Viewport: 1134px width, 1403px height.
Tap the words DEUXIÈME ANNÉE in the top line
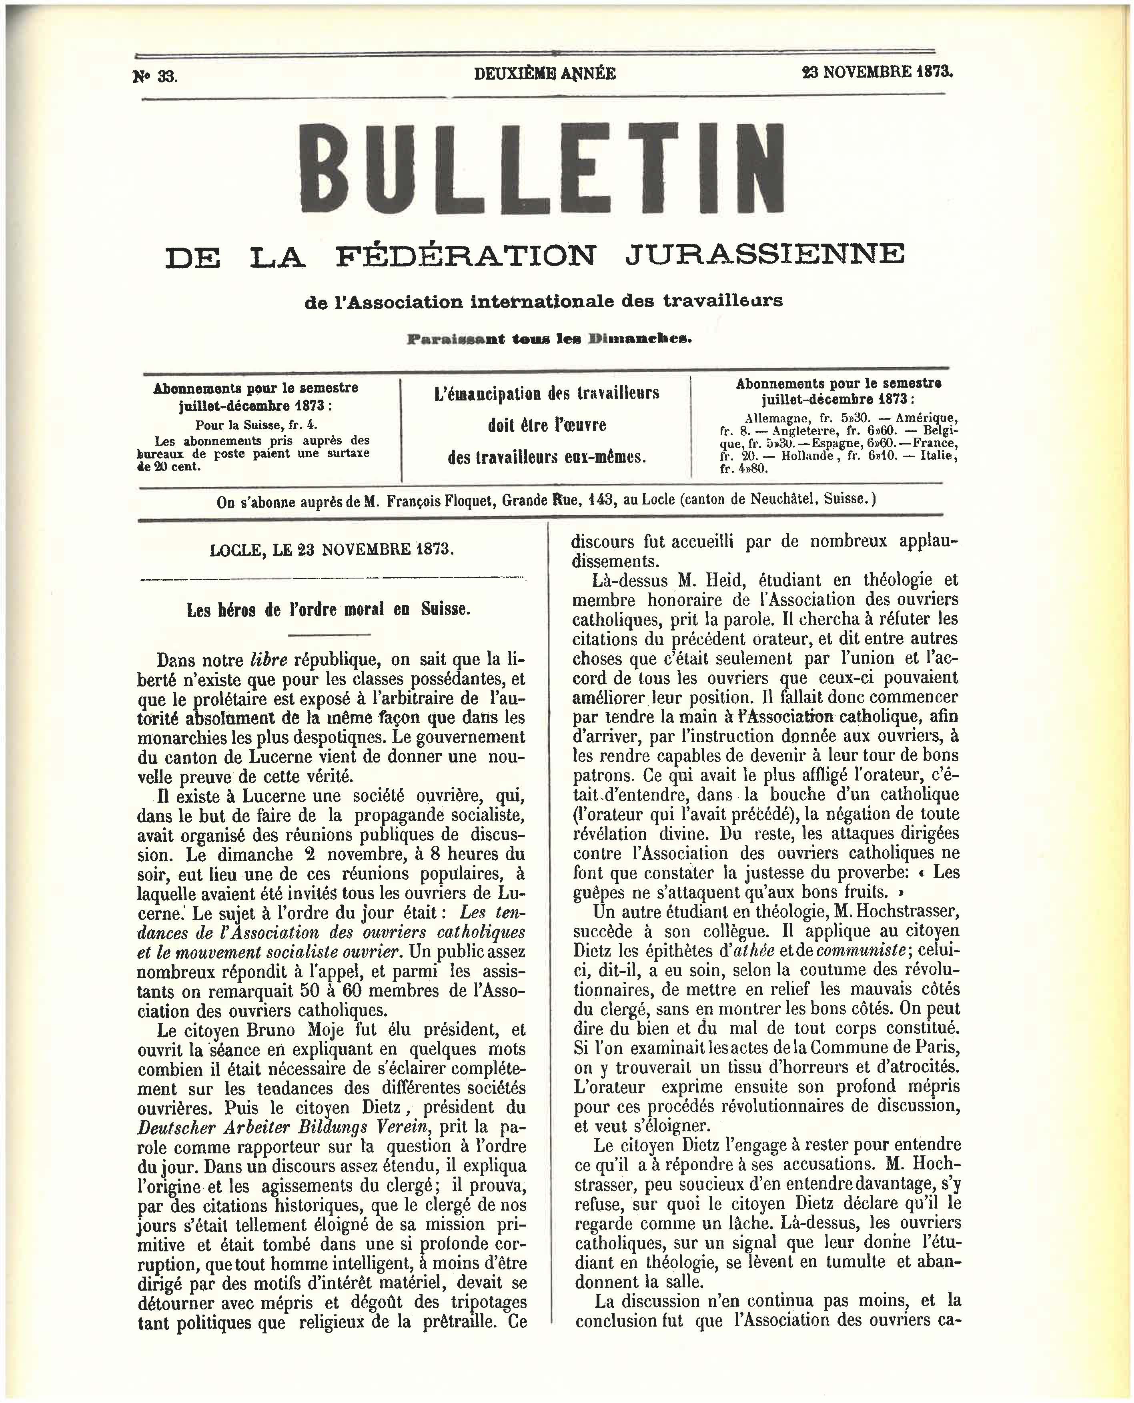click(x=545, y=74)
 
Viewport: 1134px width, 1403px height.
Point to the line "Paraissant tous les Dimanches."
click(x=549, y=339)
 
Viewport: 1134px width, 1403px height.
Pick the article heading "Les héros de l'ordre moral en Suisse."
click(x=328, y=610)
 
